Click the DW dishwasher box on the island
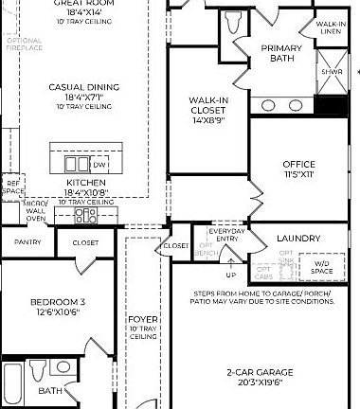click(x=98, y=164)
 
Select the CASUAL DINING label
click(x=84, y=87)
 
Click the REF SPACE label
click(x=12, y=187)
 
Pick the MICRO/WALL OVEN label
click(x=35, y=210)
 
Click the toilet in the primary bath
click(x=234, y=22)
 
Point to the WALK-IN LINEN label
click(x=331, y=27)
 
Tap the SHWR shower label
click(x=331, y=71)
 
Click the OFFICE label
click(x=298, y=164)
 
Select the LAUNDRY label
click(x=297, y=239)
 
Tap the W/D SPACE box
click(x=323, y=268)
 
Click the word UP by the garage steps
click(x=230, y=276)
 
